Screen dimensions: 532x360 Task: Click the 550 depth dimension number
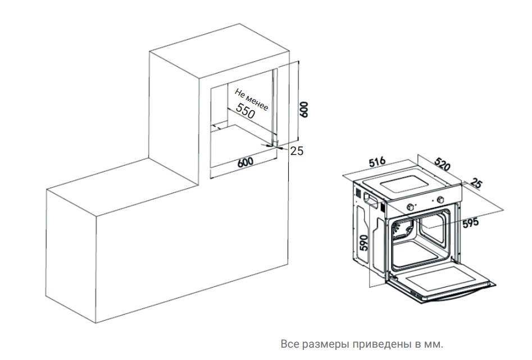point(245,111)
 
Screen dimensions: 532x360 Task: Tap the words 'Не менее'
point(252,100)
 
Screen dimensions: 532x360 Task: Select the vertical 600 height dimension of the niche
point(304,110)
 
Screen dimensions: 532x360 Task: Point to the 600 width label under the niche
point(245,162)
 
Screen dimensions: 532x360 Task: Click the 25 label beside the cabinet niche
point(297,151)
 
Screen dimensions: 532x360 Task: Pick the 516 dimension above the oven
point(376,162)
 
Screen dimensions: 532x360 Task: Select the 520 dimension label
point(443,165)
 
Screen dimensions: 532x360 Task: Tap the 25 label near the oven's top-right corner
point(476,184)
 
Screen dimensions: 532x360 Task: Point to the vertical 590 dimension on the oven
point(363,243)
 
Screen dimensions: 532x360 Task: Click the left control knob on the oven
point(410,206)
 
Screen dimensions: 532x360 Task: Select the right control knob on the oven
point(441,199)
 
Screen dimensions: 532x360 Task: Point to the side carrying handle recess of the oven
point(371,200)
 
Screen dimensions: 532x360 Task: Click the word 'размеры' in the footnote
point(322,344)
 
